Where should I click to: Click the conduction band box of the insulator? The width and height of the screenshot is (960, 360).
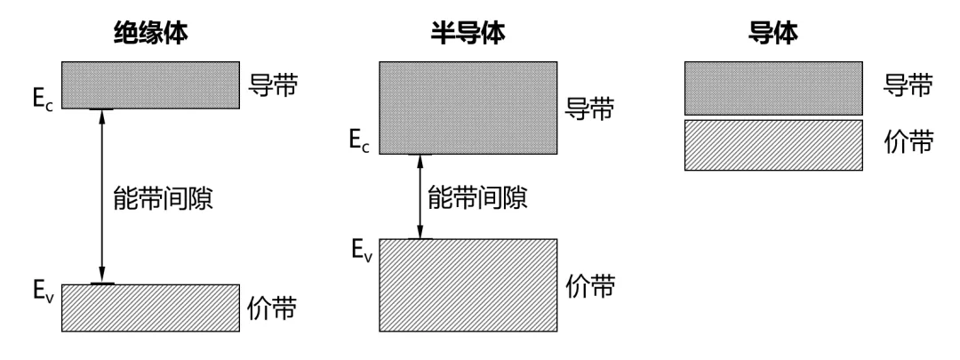[150, 85]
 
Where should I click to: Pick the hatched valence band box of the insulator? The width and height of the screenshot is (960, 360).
[150, 308]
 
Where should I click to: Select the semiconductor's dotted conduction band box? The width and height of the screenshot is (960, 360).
[468, 108]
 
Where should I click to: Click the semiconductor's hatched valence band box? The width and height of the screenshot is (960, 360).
[468, 285]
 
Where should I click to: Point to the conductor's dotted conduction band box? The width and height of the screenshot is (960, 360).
[774, 88]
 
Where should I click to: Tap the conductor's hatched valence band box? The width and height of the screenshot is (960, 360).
[774, 145]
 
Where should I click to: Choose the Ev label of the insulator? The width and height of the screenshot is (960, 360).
[44, 290]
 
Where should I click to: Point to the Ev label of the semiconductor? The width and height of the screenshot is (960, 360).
[362, 251]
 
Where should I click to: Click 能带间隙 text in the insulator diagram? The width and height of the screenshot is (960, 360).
[164, 198]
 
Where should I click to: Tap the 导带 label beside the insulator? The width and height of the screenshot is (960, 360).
[273, 85]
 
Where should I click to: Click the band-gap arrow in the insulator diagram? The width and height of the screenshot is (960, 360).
[102, 196]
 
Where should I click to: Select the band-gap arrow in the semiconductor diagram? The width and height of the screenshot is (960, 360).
[420, 196]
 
